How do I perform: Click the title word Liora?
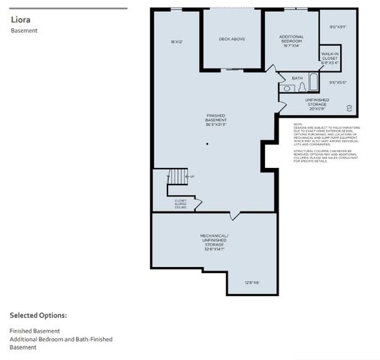point(20,20)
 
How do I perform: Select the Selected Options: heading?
point(38,315)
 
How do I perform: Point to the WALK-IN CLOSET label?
point(330,58)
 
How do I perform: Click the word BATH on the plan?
point(297,77)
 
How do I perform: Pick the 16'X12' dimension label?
point(176,41)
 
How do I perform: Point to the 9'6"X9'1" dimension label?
point(338,27)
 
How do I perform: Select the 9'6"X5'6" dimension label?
point(338,82)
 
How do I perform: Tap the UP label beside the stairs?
point(192,177)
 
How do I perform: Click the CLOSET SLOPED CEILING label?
point(180,203)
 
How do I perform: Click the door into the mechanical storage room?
point(236,216)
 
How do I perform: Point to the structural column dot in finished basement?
point(209,144)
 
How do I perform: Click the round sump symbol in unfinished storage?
point(348,107)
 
